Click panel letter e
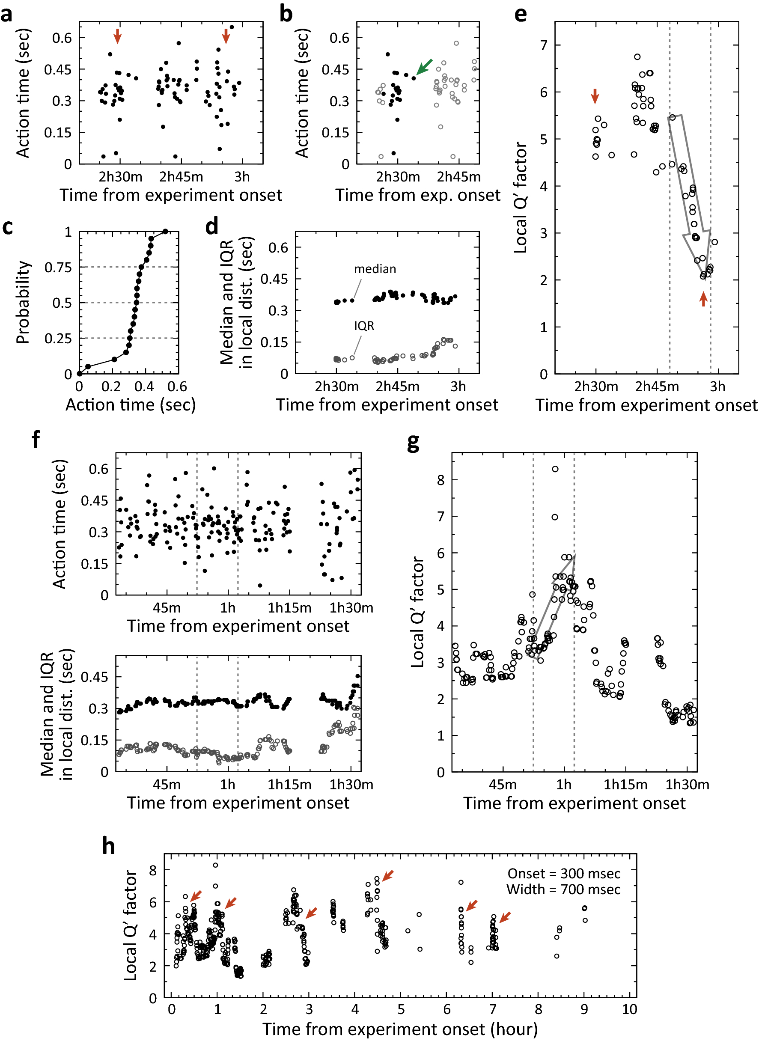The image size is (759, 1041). tap(520, 14)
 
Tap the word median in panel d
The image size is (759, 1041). tap(375, 269)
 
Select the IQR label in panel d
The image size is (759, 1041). tap(364, 326)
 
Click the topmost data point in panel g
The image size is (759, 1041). tap(555, 469)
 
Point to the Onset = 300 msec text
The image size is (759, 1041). tap(564, 873)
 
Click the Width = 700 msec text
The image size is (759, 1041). tap(563, 889)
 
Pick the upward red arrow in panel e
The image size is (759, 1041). tap(703, 299)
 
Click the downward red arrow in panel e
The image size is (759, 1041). tap(595, 96)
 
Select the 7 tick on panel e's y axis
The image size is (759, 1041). tap(544, 45)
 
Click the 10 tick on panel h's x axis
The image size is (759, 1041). tap(629, 1009)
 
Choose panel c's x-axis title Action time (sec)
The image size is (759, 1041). tap(131, 405)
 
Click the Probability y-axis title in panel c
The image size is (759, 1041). tap(23, 302)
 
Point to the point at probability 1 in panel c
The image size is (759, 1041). tap(165, 232)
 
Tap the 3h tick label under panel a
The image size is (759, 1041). tap(242, 177)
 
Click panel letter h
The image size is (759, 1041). tap(108, 846)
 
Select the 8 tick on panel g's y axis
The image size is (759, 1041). tap(441, 480)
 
